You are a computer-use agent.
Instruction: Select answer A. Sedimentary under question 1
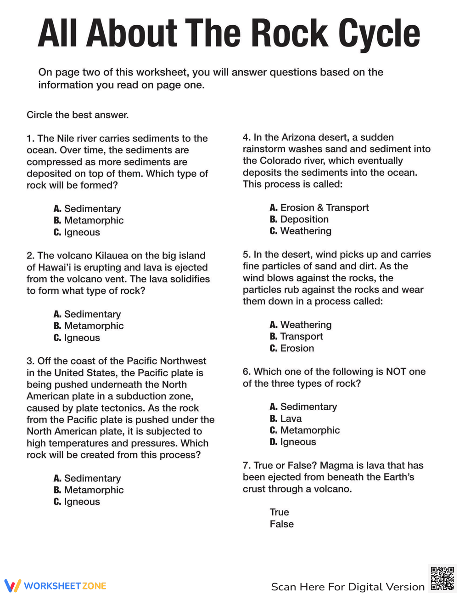[87, 209]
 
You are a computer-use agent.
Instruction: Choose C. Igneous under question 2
[77, 338]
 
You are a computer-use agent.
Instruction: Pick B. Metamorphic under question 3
[89, 490]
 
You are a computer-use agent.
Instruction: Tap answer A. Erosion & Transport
[319, 207]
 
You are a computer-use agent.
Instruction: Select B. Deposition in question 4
[299, 219]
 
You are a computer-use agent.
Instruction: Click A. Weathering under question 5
[301, 325]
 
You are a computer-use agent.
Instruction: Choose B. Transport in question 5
[296, 336]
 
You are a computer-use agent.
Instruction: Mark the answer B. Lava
[285, 418]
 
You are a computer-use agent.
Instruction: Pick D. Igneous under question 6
[293, 442]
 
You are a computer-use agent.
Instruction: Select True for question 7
[279, 512]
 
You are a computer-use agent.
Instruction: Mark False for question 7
[281, 524]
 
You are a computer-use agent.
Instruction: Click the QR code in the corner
[442, 578]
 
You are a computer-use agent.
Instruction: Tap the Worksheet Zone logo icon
[12, 585]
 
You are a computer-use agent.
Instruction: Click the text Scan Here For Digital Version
[347, 587]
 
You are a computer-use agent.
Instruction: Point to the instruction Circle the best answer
[78, 115]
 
